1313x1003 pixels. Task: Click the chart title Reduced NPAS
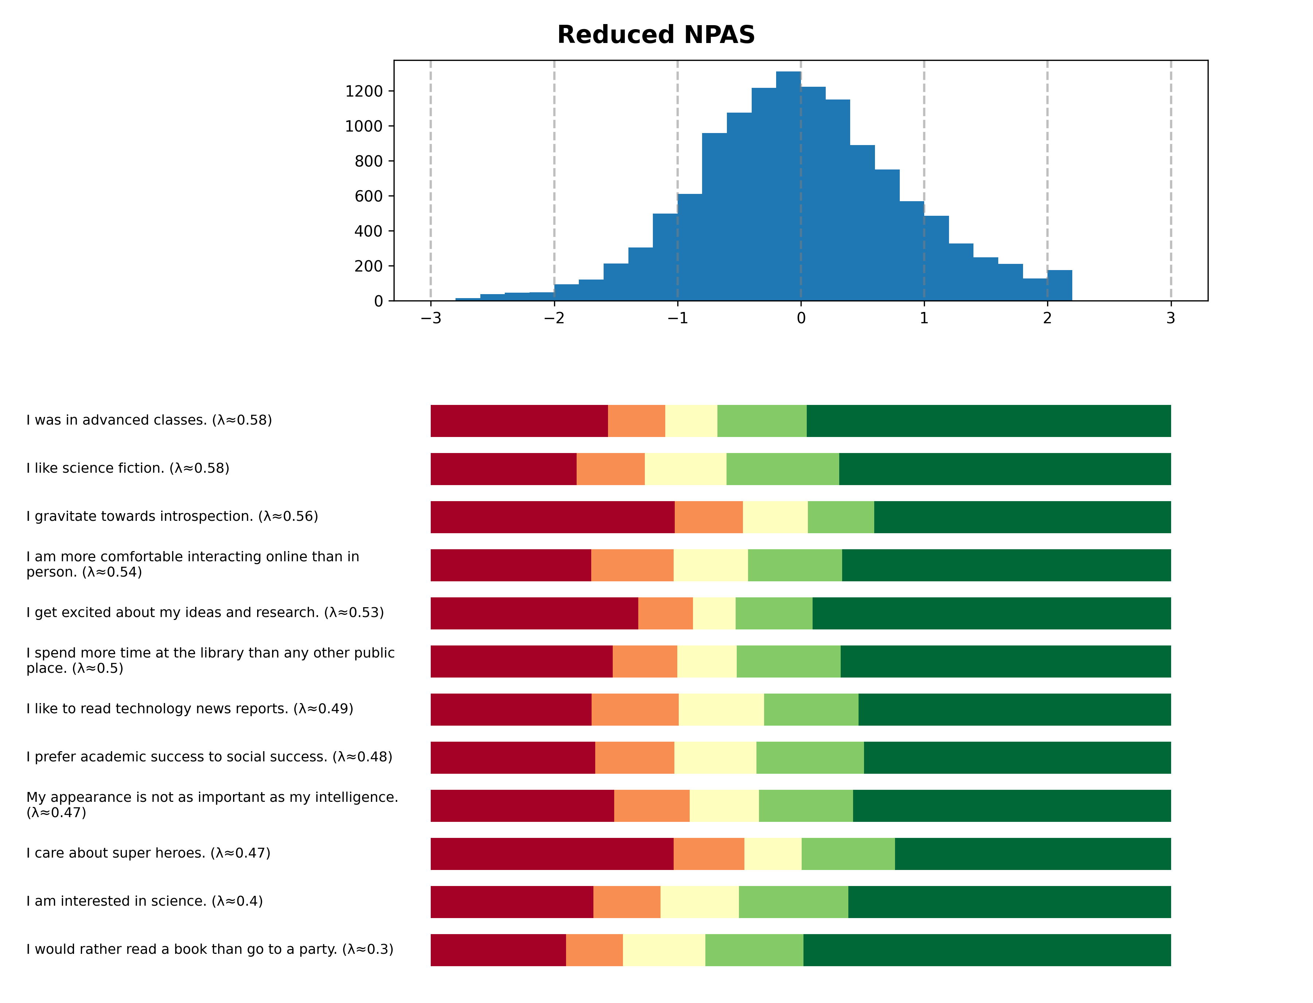point(655,35)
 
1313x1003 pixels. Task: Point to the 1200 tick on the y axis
point(364,91)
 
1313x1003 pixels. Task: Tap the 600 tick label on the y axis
point(369,196)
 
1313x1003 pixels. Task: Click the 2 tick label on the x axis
point(1047,318)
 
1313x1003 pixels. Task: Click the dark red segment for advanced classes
point(519,421)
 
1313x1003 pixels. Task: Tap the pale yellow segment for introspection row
point(775,517)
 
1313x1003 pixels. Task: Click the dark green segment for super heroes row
point(1032,854)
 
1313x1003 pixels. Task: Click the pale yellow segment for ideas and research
point(713,613)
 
